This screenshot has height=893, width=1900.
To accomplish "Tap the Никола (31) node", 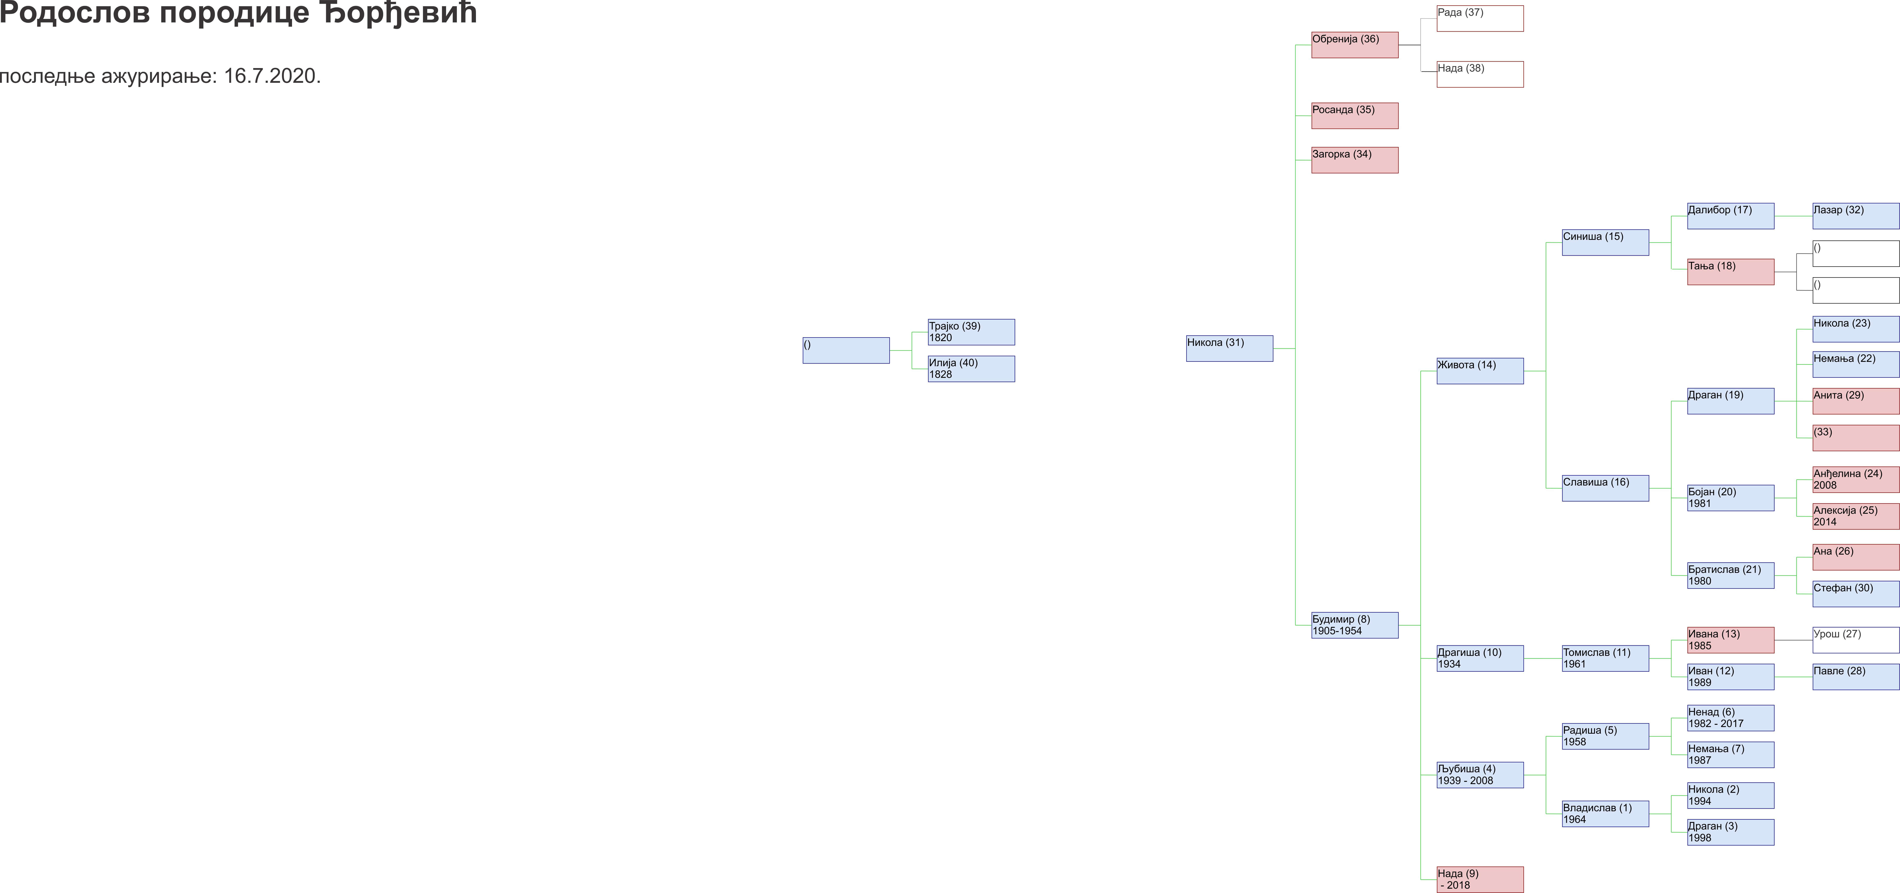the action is tap(1230, 348).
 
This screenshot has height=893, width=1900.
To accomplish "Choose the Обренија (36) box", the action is tap(1355, 45).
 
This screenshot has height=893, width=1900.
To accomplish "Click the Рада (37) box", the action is tap(1480, 18).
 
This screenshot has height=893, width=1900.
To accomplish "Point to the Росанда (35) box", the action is tap(1355, 116).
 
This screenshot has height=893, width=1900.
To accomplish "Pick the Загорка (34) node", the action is tap(1355, 160).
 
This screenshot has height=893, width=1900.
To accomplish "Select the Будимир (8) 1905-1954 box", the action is tap(1355, 625).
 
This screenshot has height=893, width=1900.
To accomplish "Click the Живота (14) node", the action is tap(1480, 371).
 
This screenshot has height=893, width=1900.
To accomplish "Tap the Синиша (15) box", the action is tap(1606, 243).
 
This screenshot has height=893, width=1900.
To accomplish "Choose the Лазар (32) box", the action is tap(1856, 216).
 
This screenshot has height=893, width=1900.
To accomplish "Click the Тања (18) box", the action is tap(1731, 272).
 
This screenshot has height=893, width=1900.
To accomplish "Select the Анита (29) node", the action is tap(1856, 401).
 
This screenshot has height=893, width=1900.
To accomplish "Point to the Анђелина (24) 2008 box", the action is tap(1856, 479).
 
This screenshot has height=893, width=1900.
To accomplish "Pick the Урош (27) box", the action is tap(1856, 640).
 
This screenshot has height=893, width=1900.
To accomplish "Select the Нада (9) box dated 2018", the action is tap(1480, 880).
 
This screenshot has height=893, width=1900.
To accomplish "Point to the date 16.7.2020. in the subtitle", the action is tap(272, 76).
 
